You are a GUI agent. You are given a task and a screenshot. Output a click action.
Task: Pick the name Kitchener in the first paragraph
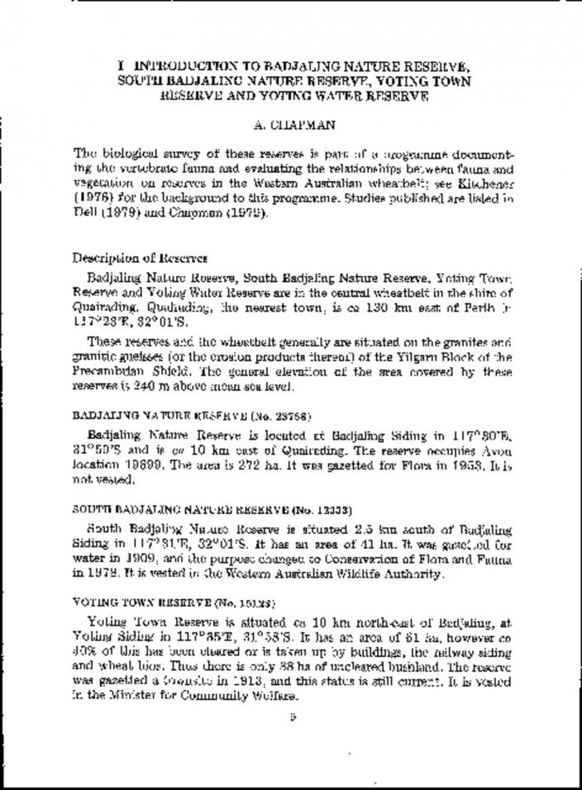(x=488, y=178)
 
